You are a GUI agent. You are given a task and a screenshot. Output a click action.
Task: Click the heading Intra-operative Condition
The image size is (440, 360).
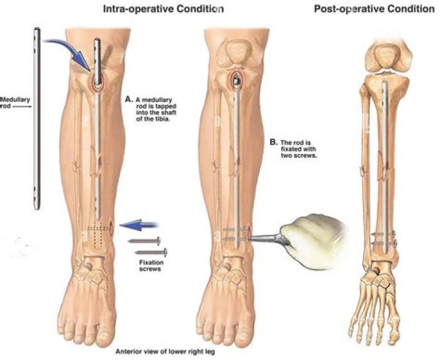click(172, 9)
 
